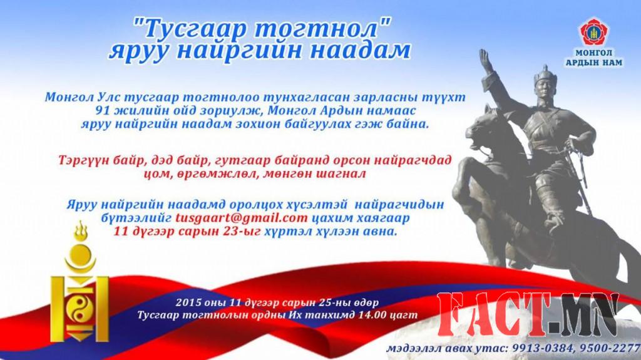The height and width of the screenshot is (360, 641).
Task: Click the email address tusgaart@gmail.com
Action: tap(241, 219)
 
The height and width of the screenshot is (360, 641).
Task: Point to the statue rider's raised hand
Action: tap(484, 59)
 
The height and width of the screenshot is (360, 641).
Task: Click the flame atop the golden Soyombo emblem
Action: tap(80, 232)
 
